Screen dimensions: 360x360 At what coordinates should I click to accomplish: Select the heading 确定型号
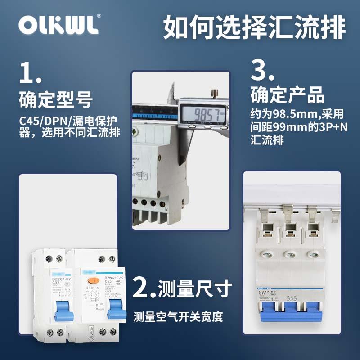point(56,100)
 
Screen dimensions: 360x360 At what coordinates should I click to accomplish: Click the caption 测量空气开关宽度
point(178,317)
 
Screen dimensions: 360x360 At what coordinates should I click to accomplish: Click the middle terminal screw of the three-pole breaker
point(289,254)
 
